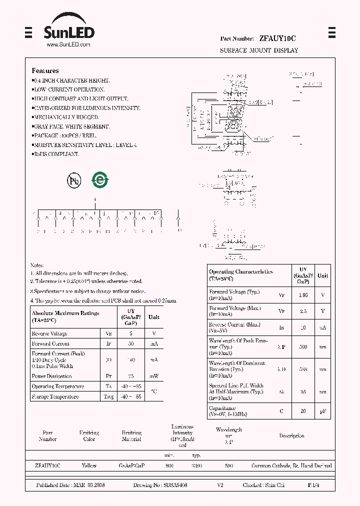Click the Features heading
tap(45, 71)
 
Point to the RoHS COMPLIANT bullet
tap(55, 154)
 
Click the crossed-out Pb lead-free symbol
tap(74, 180)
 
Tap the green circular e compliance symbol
tap(100, 180)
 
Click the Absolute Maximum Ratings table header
tap(65, 316)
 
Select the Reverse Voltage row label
tap(49, 333)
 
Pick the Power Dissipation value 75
tap(131, 376)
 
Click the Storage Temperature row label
tap(55, 396)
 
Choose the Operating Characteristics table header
tap(241, 275)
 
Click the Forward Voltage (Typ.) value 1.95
tap(303, 295)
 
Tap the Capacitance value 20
tap(303, 411)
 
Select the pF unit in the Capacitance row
tap(323, 411)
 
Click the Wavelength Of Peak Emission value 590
tap(303, 346)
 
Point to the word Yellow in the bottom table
tap(89, 466)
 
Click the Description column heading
tap(291, 436)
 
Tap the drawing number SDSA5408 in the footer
tap(167, 485)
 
